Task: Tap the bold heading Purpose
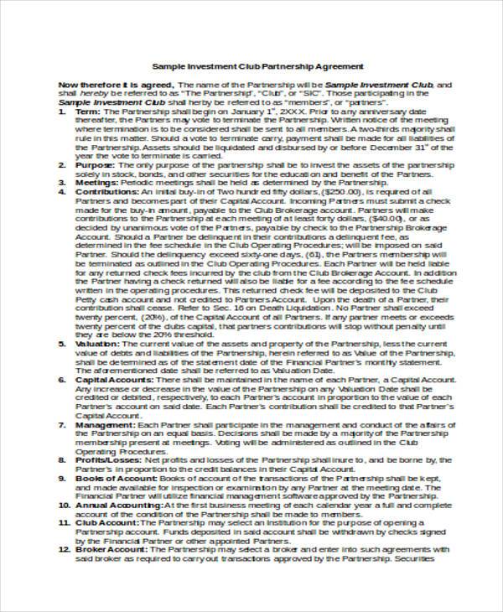pyautogui.click(x=95, y=165)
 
